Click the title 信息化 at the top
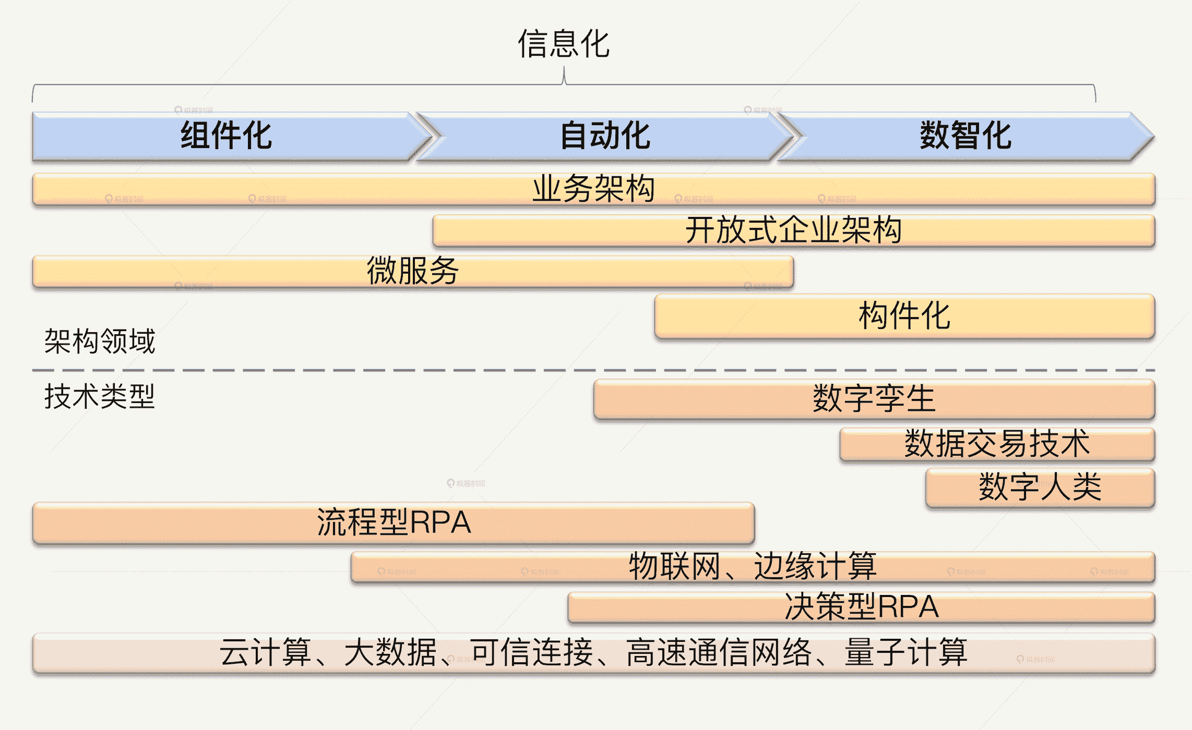(x=564, y=44)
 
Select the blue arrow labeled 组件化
(x=227, y=136)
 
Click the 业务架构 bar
(x=593, y=189)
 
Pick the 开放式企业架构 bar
(x=793, y=230)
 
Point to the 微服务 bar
(x=412, y=271)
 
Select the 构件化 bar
(x=904, y=316)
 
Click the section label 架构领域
(x=100, y=342)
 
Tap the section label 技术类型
(x=100, y=396)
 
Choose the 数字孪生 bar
(x=874, y=399)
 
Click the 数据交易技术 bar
(x=997, y=444)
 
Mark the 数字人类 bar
(x=1040, y=487)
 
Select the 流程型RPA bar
(x=394, y=522)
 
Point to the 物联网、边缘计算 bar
(x=752, y=566)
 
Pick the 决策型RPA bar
(x=861, y=607)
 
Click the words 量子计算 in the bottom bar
(x=906, y=653)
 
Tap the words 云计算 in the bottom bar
(x=265, y=653)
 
